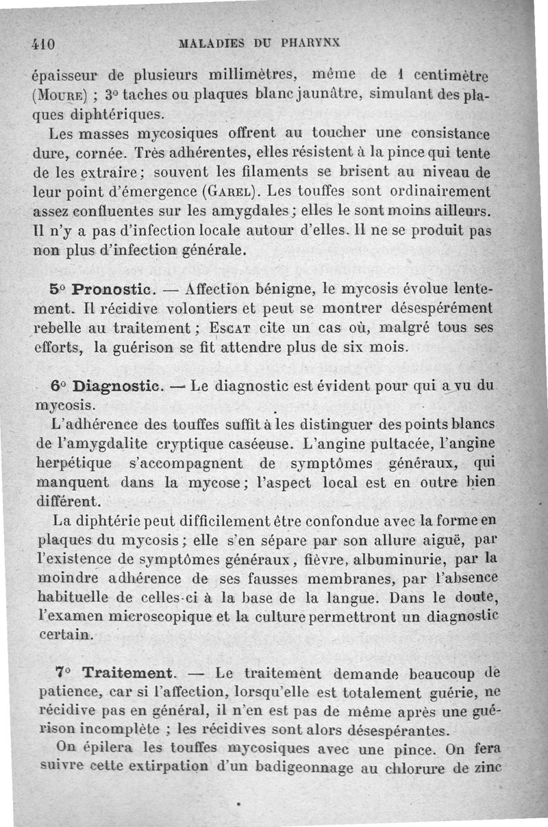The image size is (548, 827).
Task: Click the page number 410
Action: coord(43,43)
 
